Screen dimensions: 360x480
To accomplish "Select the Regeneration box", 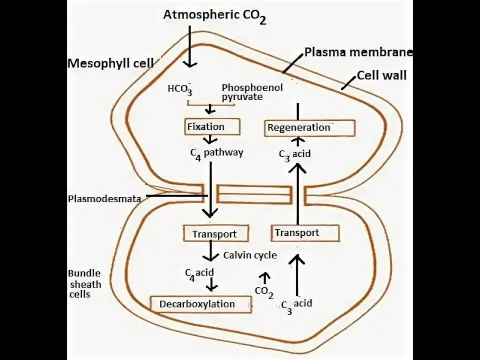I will tap(309, 127).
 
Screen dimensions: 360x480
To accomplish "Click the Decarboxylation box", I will tap(200, 304).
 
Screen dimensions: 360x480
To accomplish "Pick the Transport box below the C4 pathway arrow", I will tap(214, 233).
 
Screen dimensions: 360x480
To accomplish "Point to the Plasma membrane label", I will tap(358, 52).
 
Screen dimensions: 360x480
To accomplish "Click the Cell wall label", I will tap(381, 75).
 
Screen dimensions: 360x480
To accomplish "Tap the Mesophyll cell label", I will tap(110, 63).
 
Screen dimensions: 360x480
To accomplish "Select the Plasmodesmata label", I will tap(103, 198).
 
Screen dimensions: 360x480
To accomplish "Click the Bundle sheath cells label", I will tap(84, 284).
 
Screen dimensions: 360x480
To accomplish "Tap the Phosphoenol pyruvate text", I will tap(252, 92).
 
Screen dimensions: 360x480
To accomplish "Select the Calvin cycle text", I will tap(250, 255).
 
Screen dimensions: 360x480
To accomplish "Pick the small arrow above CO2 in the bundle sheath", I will tap(264, 276).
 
